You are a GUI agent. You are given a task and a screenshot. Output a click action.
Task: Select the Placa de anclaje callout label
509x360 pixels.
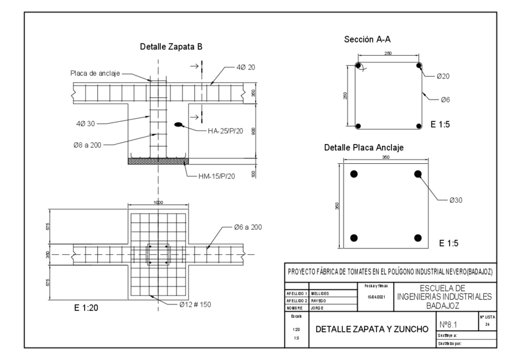coord(94,74)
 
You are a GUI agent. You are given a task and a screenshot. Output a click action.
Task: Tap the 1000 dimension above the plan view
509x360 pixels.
coord(158,203)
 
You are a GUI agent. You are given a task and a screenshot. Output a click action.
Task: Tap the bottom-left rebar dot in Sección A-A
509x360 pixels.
coord(358,126)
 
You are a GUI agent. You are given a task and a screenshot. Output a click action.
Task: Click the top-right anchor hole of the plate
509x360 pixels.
coord(418,174)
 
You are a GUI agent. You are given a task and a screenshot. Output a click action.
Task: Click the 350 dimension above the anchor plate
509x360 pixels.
coord(385,157)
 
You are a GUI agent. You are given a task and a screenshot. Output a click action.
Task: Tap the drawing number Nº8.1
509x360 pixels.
coord(450,324)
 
